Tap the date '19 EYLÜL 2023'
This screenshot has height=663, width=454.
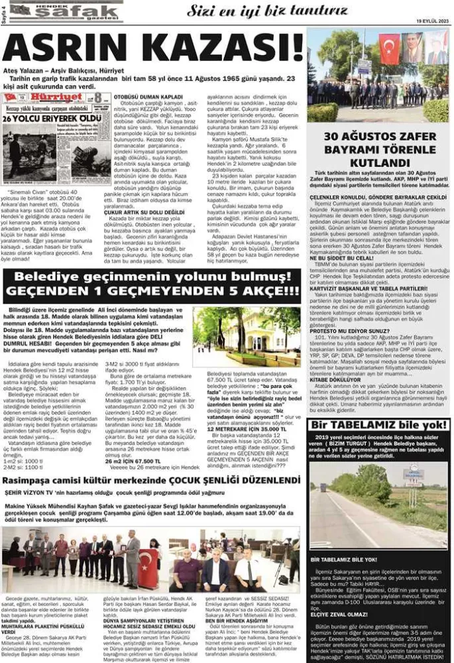[x=432, y=21]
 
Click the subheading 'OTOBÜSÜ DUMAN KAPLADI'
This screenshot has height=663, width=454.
[x=143, y=96]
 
